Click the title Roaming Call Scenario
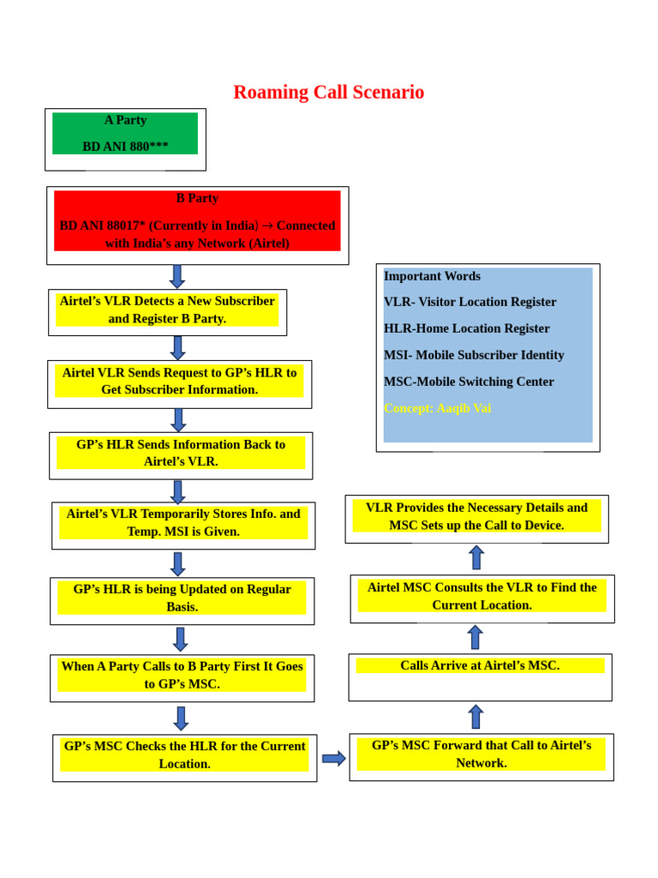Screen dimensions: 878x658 coord(328,93)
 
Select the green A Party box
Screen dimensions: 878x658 coord(125,134)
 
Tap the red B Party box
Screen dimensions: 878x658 coord(197,221)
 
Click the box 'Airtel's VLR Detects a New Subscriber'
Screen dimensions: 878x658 coord(167,310)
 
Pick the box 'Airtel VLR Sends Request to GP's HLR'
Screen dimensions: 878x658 coord(179,382)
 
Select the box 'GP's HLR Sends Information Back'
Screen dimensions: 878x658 coord(181,454)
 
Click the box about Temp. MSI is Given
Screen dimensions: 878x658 coord(183,523)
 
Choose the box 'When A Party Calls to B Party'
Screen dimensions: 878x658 coord(182,676)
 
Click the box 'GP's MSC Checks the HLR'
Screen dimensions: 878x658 coord(184,755)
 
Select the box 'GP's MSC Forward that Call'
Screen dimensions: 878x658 coord(481,755)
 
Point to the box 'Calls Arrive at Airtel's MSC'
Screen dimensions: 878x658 coord(480,666)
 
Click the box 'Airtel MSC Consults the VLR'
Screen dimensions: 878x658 coord(482,596)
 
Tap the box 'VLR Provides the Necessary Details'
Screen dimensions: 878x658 coord(476,516)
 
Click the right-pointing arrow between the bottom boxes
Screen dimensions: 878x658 coord(333,758)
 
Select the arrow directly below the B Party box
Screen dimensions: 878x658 coord(177,276)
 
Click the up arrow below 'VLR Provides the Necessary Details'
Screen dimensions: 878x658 coord(476,557)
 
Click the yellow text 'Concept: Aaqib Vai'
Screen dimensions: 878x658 coord(437,408)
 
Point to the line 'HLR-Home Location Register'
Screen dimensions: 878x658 coord(467,328)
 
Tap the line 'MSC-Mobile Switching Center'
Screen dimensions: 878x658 coord(469,382)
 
